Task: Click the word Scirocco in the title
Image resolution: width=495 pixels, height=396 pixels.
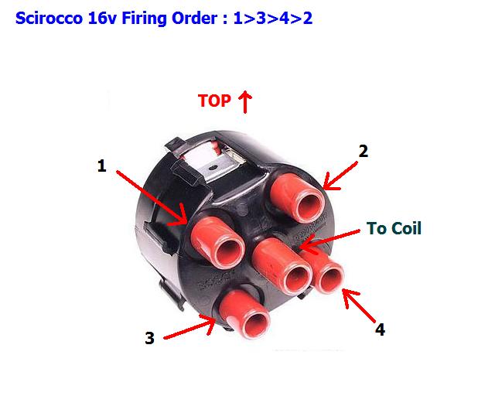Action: [49, 18]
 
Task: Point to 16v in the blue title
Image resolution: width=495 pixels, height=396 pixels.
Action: [102, 18]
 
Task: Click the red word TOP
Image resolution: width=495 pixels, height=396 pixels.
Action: [214, 101]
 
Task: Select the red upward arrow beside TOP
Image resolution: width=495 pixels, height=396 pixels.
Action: [245, 101]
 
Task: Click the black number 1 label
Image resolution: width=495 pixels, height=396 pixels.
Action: [101, 166]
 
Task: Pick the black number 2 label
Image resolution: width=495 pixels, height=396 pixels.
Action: [363, 152]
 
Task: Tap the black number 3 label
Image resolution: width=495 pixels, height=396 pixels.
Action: [149, 338]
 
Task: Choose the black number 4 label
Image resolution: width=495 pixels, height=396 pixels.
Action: [380, 329]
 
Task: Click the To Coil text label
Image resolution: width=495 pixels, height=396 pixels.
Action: [394, 228]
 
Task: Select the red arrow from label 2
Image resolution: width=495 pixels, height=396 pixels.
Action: [340, 176]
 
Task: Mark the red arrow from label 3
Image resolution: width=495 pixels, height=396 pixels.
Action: [189, 328]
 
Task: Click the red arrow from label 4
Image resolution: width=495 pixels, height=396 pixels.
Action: [359, 306]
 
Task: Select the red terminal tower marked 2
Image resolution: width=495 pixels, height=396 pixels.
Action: [298, 198]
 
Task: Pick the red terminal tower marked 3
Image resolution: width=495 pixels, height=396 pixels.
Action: [244, 313]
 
